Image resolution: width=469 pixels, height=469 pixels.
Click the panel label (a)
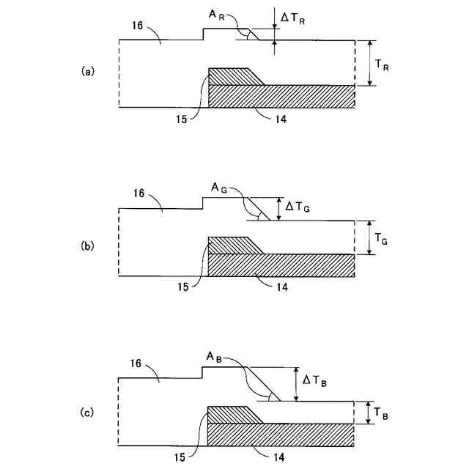(87, 71)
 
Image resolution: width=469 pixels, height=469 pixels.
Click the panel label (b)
(87, 246)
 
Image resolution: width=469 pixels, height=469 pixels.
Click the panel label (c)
(87, 413)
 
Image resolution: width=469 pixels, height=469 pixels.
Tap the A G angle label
(221, 189)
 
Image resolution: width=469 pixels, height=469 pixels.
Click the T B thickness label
(382, 416)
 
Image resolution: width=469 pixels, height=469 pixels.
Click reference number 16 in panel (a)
(140, 26)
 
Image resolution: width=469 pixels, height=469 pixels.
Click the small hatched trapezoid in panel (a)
(231, 76)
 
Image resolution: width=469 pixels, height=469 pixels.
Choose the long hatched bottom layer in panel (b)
(282, 265)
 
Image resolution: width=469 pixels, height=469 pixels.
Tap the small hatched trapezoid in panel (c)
(231, 414)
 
